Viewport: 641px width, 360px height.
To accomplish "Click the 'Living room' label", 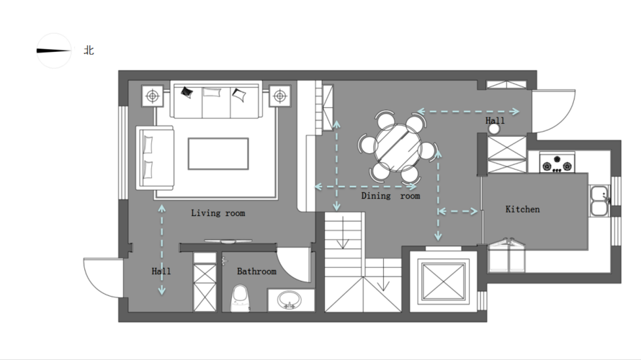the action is pyautogui.click(x=218, y=213).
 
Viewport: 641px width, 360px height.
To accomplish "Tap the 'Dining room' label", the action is pyautogui.click(x=390, y=196).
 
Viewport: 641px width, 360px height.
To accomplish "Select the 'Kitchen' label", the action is pyautogui.click(x=522, y=210).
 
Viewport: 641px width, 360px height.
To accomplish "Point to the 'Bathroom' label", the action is pyautogui.click(x=256, y=271).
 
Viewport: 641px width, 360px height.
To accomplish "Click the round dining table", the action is pyautogui.click(x=398, y=148).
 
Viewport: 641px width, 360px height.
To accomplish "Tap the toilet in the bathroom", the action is pyautogui.click(x=241, y=299).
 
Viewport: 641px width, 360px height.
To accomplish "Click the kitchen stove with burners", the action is pyautogui.click(x=557, y=163).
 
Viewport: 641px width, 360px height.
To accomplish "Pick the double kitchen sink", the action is pyautogui.click(x=599, y=201).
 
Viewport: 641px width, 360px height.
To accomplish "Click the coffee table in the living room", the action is pyautogui.click(x=218, y=153).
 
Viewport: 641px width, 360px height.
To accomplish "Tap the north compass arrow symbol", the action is pyautogui.click(x=53, y=50).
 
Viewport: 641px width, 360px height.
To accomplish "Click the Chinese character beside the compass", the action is pyautogui.click(x=89, y=50).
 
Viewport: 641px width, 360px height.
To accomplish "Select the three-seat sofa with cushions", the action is pyautogui.click(x=216, y=101).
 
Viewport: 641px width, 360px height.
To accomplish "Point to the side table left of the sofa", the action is pyautogui.click(x=153, y=96).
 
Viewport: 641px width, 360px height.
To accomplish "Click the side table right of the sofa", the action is pyautogui.click(x=280, y=96).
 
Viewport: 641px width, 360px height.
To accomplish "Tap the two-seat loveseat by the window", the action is pyautogui.click(x=156, y=158).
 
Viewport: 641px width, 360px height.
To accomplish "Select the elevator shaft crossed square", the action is pyautogui.click(x=444, y=282).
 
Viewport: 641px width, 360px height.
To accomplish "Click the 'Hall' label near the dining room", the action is pyautogui.click(x=495, y=120).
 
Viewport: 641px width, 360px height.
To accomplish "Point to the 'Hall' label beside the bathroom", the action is pyautogui.click(x=161, y=271).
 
